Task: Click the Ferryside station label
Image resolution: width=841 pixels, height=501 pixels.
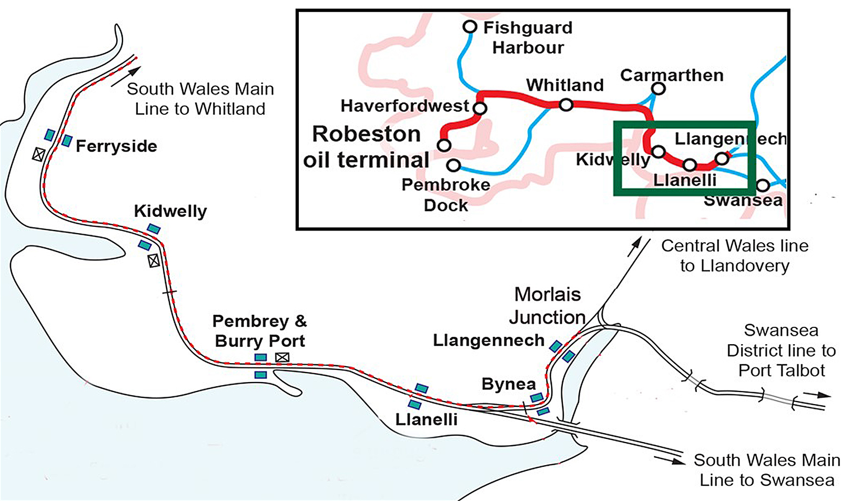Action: click(116, 146)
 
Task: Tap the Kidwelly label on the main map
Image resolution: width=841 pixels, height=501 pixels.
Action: click(170, 212)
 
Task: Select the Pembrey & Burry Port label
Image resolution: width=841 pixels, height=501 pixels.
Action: click(260, 331)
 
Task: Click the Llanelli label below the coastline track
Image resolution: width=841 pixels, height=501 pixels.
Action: click(427, 420)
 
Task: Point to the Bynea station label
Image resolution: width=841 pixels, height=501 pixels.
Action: click(509, 384)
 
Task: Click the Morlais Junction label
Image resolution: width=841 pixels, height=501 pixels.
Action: click(548, 306)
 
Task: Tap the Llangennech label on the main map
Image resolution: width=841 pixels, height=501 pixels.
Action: click(489, 340)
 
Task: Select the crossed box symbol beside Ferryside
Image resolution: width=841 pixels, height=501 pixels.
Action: click(38, 154)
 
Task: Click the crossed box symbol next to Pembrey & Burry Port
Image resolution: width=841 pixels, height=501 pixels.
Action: click(282, 357)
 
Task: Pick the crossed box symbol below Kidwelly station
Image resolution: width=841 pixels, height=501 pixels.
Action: click(154, 260)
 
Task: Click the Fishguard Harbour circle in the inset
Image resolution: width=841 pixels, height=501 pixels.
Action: click(470, 26)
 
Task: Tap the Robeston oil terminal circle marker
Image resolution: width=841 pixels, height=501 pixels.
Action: click(444, 145)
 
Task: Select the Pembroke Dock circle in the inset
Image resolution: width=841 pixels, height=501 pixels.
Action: click(453, 166)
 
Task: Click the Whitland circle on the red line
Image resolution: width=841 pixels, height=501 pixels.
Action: click(566, 105)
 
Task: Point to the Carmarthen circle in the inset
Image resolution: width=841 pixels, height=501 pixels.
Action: click(658, 88)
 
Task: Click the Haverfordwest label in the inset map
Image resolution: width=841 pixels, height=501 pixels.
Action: click(404, 106)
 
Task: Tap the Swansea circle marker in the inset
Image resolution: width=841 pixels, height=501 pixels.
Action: click(763, 185)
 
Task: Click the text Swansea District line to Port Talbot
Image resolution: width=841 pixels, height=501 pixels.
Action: click(781, 350)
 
